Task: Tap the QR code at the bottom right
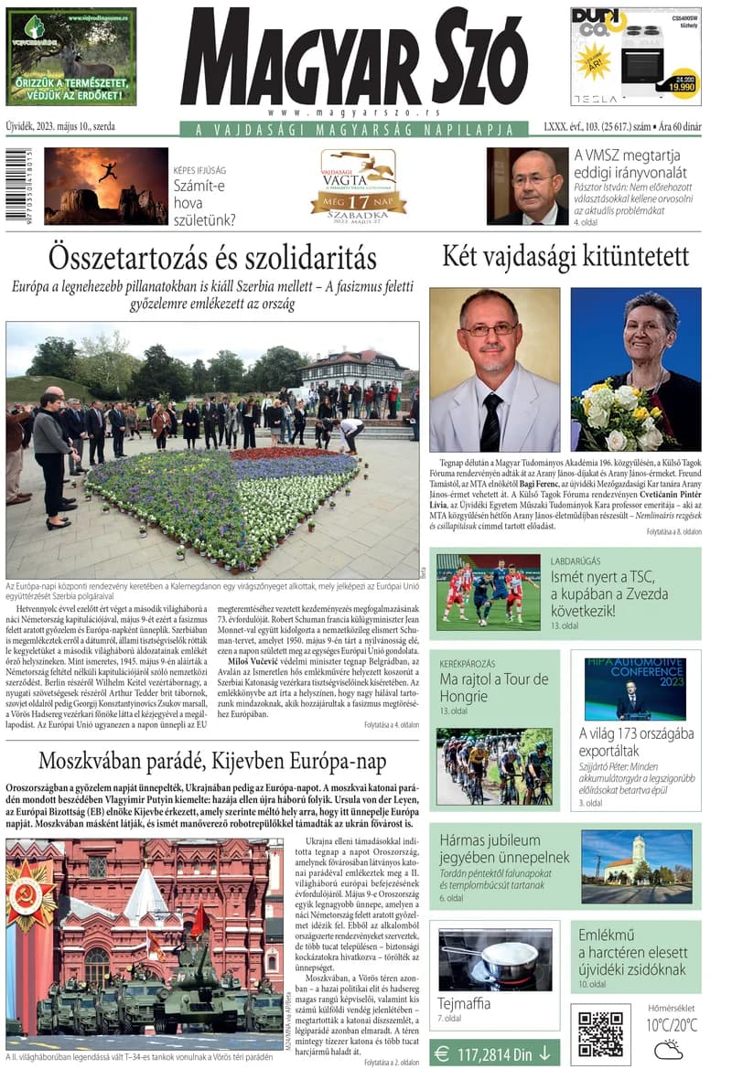tap(600, 1034)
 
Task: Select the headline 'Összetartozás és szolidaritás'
tap(212, 257)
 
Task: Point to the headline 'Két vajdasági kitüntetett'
tap(565, 257)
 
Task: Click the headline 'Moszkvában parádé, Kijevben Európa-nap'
tap(212, 761)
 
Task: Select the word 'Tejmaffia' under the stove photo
tap(464, 1003)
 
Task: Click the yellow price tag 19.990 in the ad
tap(680, 84)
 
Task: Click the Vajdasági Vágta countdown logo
tap(358, 183)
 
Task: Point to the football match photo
tap(488, 587)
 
